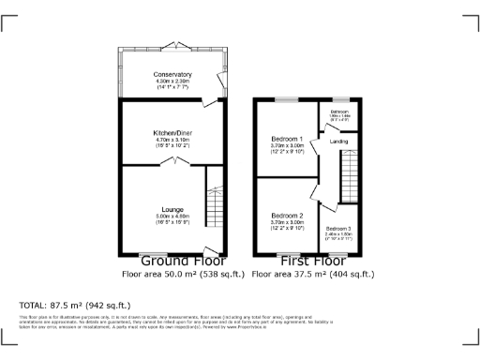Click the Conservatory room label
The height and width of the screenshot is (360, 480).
tap(173, 74)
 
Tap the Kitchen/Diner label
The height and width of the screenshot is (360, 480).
tap(173, 134)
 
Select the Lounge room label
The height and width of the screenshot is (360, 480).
tap(172, 208)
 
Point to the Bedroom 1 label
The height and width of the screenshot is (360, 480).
tap(288, 139)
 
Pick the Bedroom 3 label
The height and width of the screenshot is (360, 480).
tap(337, 229)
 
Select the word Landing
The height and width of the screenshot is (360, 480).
tap(337, 142)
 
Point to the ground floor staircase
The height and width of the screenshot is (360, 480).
tap(215, 204)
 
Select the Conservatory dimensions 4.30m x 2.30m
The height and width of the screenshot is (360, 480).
tap(173, 82)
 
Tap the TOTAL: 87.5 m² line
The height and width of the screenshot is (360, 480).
tap(75, 306)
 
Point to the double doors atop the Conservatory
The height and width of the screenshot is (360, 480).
tap(172, 46)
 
